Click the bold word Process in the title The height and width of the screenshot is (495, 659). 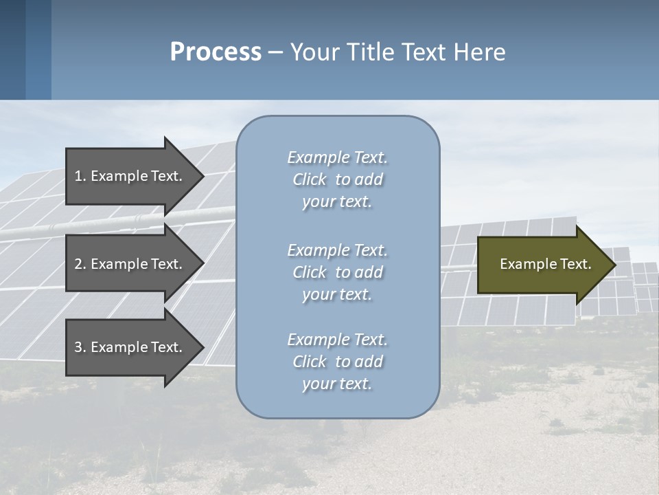click(x=216, y=52)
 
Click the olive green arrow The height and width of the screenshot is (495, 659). click(x=542, y=264)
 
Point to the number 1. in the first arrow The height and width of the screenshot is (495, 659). click(x=80, y=176)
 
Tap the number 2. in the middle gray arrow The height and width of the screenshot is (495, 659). click(x=80, y=264)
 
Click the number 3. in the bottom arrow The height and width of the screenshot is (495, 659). click(x=80, y=347)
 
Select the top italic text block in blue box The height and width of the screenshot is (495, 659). click(x=337, y=179)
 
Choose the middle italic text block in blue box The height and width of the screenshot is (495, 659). click(x=337, y=272)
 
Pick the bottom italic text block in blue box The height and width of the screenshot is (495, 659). click(x=337, y=362)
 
